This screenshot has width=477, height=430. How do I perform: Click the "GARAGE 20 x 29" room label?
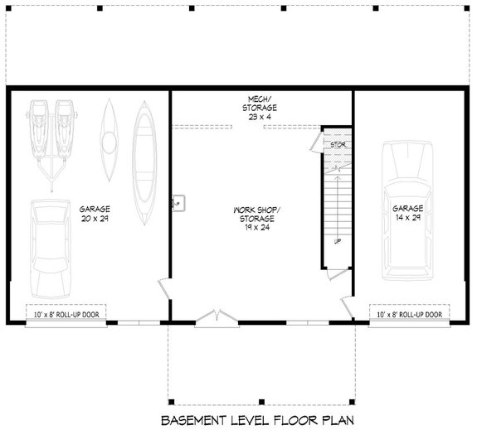point(95,214)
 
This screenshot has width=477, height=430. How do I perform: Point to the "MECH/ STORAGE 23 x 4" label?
point(260,109)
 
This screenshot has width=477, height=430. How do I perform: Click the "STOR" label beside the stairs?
point(338,145)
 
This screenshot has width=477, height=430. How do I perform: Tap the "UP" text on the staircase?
point(337,242)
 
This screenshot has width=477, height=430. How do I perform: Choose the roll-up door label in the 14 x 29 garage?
point(408,315)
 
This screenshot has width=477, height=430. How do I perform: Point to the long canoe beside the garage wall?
point(145,162)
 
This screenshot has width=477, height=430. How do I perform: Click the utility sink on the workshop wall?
point(178,201)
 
